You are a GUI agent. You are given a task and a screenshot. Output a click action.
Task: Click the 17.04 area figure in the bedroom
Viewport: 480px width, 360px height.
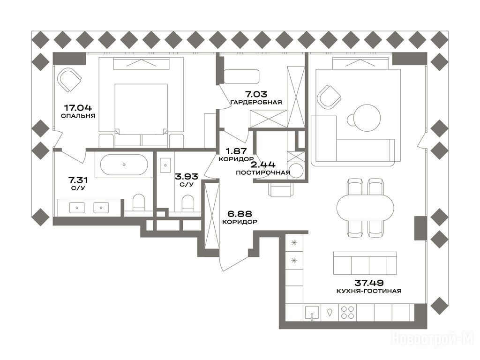pyautogui.click(x=78, y=108)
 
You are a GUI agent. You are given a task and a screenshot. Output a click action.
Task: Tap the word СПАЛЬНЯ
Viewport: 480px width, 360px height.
pyautogui.click(x=78, y=116)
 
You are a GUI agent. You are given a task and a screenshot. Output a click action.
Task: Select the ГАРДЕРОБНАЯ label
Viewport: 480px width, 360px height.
pyautogui.click(x=256, y=102)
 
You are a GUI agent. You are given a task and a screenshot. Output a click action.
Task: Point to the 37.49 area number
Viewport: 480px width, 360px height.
pyautogui.click(x=369, y=283)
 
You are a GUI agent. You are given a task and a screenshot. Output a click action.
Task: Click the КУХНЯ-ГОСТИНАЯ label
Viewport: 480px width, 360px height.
pyautogui.click(x=369, y=291)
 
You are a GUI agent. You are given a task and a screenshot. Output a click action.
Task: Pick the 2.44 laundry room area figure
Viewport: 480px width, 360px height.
pyautogui.click(x=263, y=165)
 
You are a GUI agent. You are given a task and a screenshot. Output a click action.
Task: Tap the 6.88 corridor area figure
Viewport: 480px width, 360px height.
pyautogui.click(x=240, y=213)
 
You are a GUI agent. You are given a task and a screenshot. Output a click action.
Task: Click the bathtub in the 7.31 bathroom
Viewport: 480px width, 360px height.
pyautogui.click(x=124, y=165)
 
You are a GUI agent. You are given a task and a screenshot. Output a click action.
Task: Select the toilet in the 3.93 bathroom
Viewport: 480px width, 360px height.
pyautogui.click(x=187, y=203)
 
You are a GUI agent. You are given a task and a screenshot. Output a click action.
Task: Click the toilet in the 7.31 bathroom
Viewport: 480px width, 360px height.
pyautogui.click(x=139, y=202)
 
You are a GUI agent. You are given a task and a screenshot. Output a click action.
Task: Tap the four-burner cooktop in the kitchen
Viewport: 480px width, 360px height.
pyautogui.click(x=347, y=313)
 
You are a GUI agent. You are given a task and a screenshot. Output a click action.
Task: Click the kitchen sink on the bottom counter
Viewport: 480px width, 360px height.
pyautogui.click(x=312, y=313)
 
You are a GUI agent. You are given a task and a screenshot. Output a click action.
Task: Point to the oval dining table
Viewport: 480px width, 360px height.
pyautogui.click(x=365, y=207)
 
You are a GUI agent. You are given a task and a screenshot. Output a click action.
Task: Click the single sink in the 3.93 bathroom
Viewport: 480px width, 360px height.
pyautogui.click(x=165, y=165)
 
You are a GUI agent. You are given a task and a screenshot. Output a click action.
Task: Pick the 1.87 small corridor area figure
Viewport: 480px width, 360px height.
pyautogui.click(x=236, y=151)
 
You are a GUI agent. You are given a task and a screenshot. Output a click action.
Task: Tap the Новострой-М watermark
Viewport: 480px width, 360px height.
pyautogui.click(x=434, y=339)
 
